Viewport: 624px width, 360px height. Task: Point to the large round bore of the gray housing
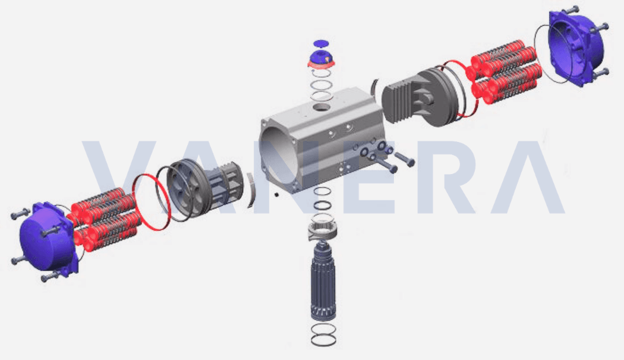pos(279,159)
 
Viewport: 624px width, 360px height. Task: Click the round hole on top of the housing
pos(321,108)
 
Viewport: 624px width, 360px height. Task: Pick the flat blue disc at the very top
pos(322,43)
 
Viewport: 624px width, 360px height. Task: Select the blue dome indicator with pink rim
pos(322,58)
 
